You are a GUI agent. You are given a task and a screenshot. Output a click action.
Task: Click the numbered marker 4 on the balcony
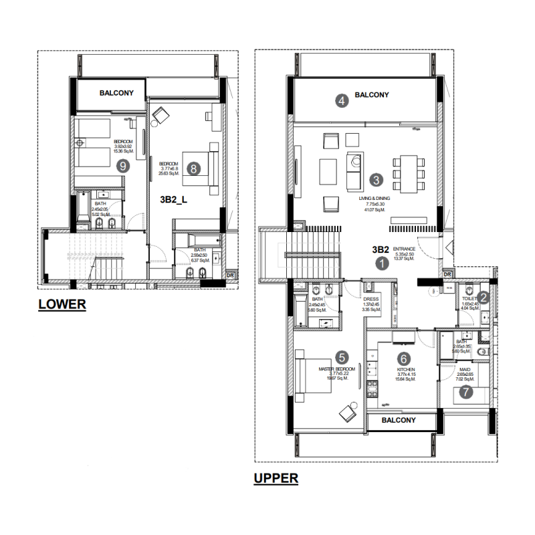[342, 102]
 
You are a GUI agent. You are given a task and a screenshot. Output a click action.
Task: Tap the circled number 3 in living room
[377, 179]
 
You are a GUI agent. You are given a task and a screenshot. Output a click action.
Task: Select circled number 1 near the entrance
[382, 263]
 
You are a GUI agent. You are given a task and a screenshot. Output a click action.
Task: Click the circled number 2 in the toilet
[485, 298]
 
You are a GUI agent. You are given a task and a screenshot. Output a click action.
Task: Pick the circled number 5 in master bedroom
[342, 357]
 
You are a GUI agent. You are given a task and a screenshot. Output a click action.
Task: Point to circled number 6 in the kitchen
[403, 359]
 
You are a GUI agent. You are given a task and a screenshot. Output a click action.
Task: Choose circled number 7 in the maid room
[466, 393]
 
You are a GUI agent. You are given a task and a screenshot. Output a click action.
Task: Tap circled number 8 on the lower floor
[193, 169]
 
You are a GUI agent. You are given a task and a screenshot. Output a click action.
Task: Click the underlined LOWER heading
[62, 304]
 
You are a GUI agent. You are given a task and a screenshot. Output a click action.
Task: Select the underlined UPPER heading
[276, 479]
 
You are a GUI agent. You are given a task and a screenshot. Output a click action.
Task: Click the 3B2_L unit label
[174, 199]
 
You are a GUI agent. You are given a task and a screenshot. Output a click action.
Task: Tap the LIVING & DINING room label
[374, 199]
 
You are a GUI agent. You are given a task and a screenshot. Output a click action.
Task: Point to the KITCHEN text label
[407, 369]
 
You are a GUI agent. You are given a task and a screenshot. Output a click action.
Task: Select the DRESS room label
[371, 300]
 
